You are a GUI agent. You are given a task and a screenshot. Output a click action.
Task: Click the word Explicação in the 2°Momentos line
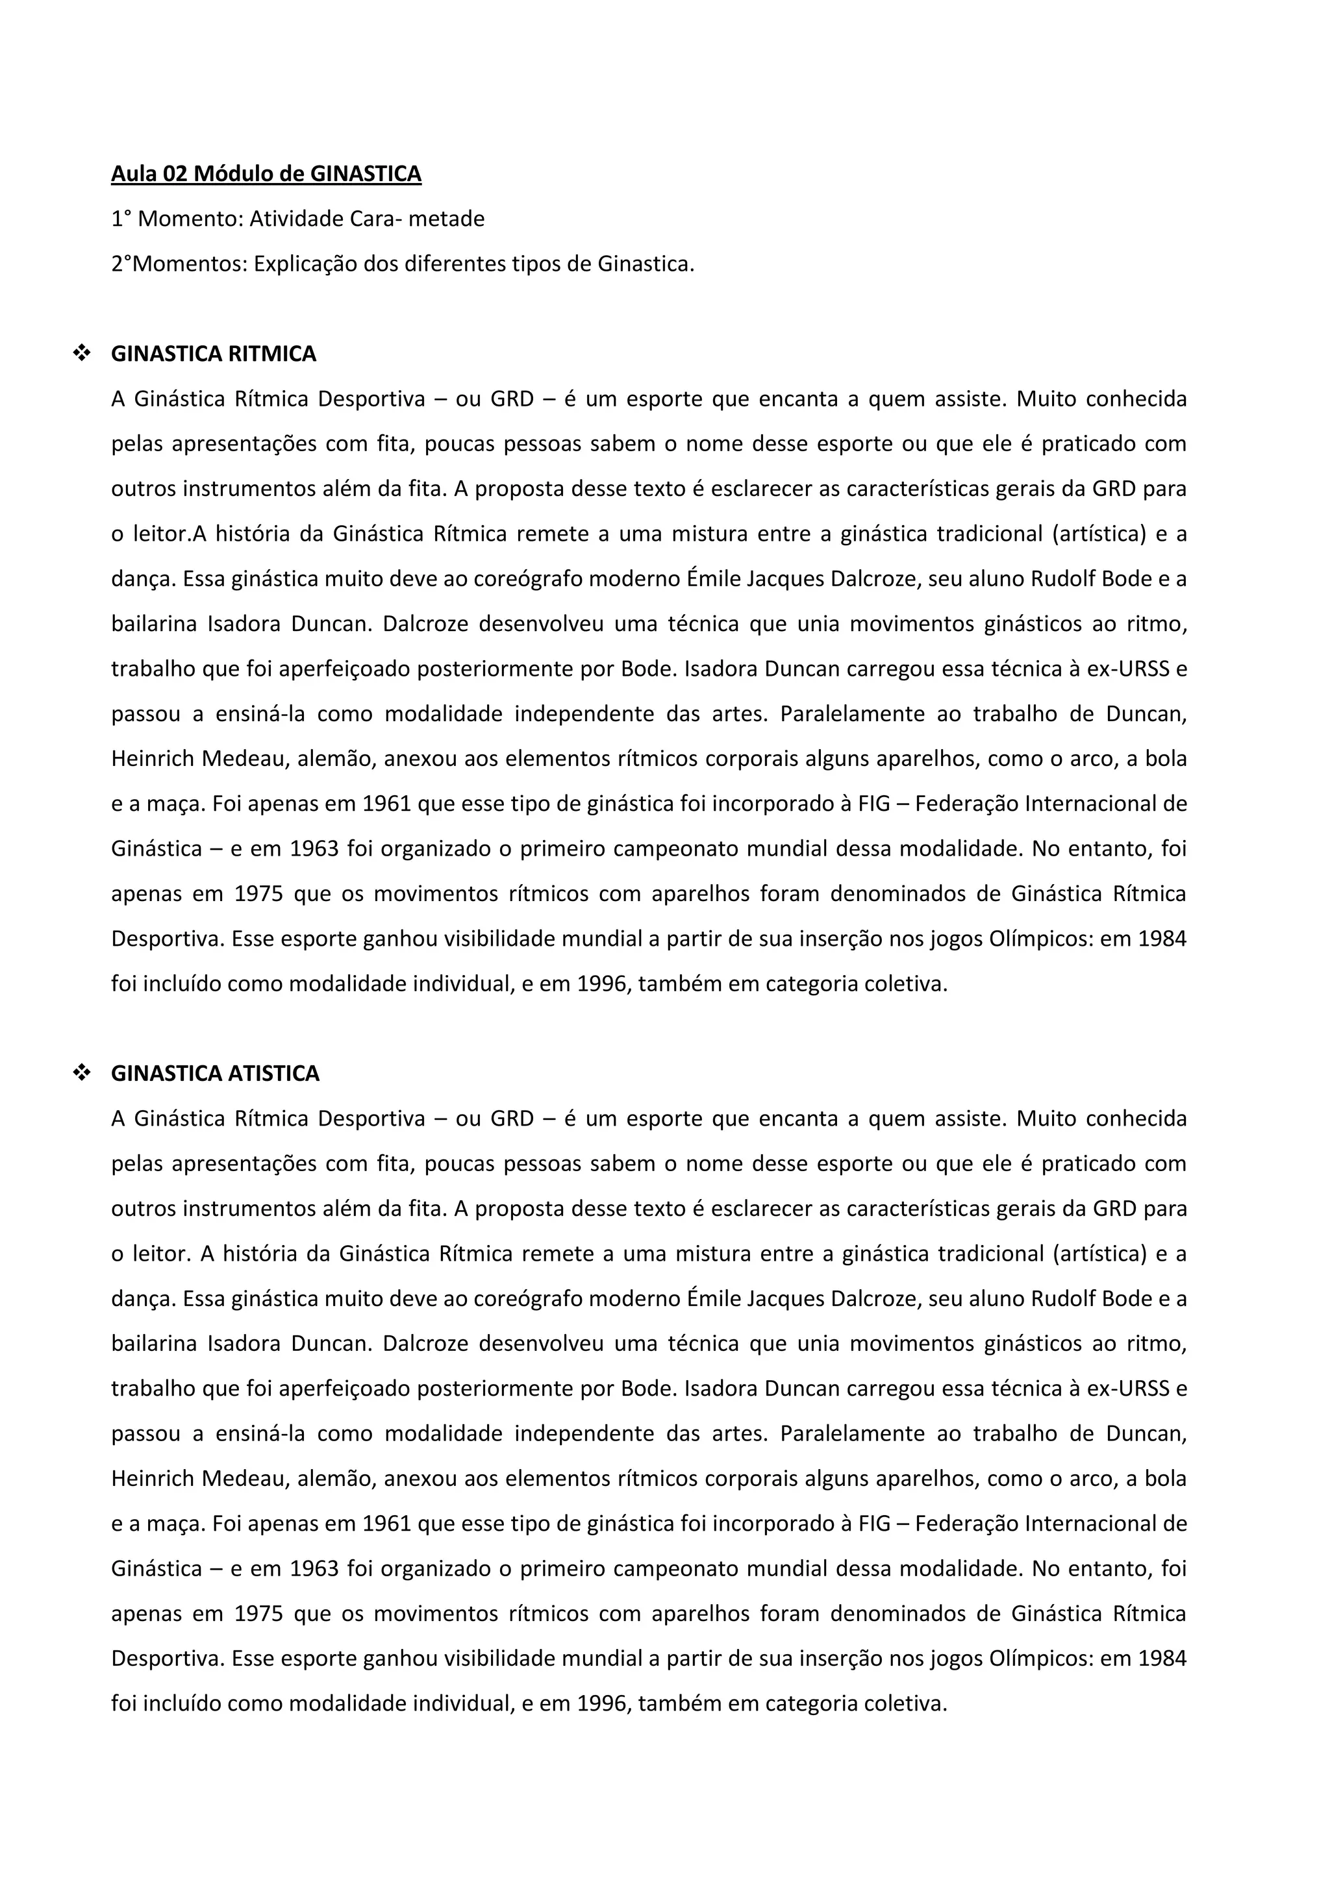click(x=305, y=264)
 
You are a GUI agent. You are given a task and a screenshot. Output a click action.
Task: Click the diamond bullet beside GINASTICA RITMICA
click(x=81, y=354)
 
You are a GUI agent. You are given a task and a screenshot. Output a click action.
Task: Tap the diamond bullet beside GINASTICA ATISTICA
click(x=81, y=1074)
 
